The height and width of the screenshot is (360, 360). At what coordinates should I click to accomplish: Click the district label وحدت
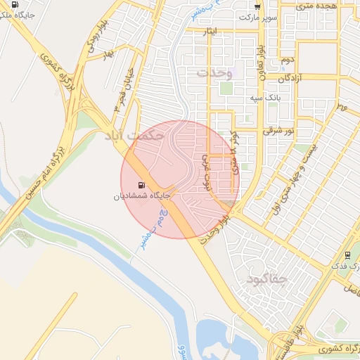coord(214,72)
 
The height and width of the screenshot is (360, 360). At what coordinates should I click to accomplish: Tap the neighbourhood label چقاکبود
coord(268,281)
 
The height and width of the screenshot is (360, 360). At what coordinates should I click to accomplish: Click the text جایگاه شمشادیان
coord(139,197)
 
